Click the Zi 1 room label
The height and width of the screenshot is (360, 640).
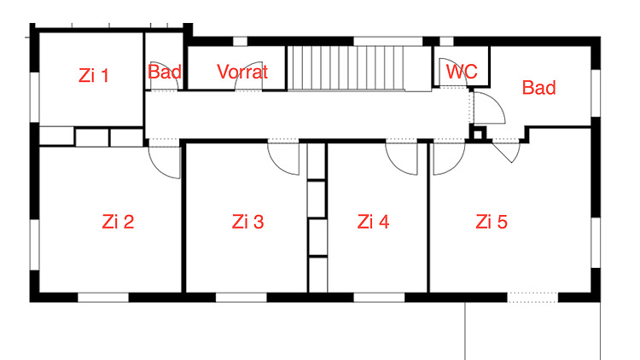pos(94,76)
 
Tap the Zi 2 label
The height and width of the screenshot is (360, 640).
pos(118,222)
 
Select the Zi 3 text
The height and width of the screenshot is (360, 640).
pos(247,222)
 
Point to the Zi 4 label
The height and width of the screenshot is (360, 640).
pos(373,222)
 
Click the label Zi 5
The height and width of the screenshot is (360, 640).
pos(492,222)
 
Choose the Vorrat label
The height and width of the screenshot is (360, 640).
pos(242,72)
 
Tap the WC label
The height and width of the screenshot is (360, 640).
pos(462,72)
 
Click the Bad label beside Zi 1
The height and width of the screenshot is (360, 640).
pos(165,72)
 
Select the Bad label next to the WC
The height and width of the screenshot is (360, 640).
pos(539,88)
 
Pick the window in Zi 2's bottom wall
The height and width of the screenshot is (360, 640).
pos(103,298)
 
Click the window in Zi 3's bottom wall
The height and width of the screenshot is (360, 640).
pos(241,298)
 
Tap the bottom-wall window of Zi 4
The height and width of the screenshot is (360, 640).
pos(379,298)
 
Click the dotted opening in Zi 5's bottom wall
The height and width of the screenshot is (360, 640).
pos(532,298)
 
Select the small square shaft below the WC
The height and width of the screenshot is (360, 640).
pos(478,133)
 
